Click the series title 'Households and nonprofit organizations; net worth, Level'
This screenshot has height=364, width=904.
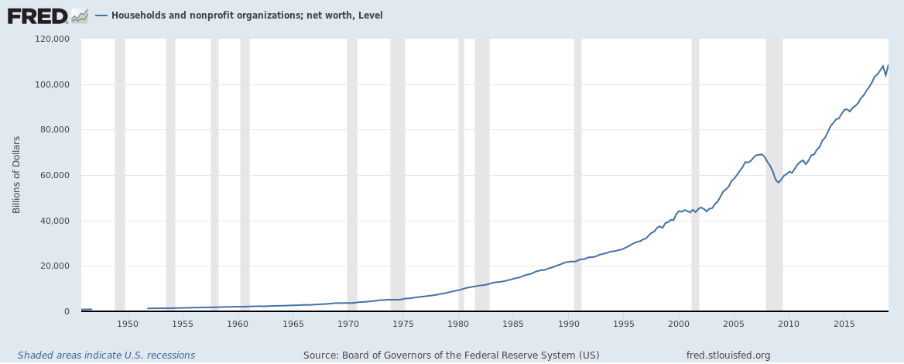pos(247,15)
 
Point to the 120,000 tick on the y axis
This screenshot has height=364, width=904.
pos(53,39)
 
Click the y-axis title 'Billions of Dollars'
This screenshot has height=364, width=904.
pos(16,174)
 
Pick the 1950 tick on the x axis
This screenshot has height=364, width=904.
pos(128,323)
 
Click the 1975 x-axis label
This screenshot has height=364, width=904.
pos(403,323)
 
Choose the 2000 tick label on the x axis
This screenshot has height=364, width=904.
pos(679,323)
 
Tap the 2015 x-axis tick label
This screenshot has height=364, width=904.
pos(844,323)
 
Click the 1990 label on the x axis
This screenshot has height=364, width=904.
pos(569,323)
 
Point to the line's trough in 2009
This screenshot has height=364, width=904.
pos(779,182)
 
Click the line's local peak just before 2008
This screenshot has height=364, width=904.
pos(762,154)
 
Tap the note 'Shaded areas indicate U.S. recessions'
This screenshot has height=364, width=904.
pos(106,355)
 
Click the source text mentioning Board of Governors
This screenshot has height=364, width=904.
pos(451,355)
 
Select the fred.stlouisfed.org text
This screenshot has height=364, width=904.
pos(728,355)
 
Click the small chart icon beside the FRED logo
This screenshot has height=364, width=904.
pos(79,15)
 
